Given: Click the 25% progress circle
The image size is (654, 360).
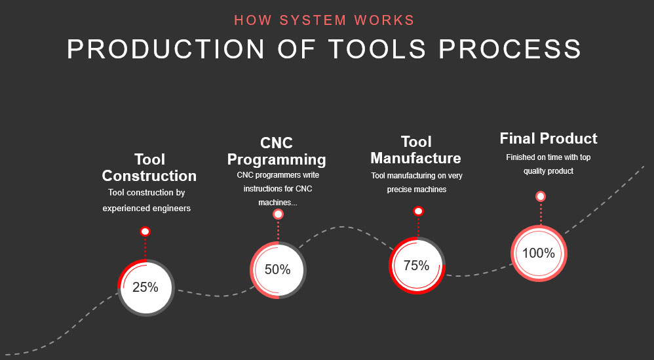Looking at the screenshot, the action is click(145, 287).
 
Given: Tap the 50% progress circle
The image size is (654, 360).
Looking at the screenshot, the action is click(279, 270).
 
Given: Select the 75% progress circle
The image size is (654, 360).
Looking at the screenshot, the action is click(417, 266).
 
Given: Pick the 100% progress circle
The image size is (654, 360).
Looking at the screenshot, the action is click(539, 253).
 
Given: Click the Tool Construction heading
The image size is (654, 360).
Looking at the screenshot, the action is click(149, 168).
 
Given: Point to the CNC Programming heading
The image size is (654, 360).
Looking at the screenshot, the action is click(277, 151).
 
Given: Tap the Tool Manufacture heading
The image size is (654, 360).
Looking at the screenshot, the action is click(416, 150).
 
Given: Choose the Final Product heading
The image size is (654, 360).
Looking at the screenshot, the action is click(548, 138).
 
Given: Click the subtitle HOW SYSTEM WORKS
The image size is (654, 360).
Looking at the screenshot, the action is click(324, 20).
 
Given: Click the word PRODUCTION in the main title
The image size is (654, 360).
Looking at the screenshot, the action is click(166, 49).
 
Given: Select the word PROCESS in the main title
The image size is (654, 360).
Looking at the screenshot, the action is click(510, 49).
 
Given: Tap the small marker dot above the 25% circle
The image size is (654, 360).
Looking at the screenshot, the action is click(145, 231).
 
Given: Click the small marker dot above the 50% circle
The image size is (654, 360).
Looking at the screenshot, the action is click(279, 214).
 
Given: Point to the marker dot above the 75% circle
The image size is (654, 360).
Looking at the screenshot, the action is click(418, 212).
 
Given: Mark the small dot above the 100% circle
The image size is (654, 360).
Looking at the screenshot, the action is click(541, 197).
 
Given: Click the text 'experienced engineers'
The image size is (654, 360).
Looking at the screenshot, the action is click(146, 208).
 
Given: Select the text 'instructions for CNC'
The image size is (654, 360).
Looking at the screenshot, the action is click(278, 189).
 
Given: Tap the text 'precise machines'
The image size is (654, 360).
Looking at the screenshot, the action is click(417, 190).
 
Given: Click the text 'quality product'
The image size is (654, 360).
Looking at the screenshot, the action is click(548, 171).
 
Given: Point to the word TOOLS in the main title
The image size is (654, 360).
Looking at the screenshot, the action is click(377, 49).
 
